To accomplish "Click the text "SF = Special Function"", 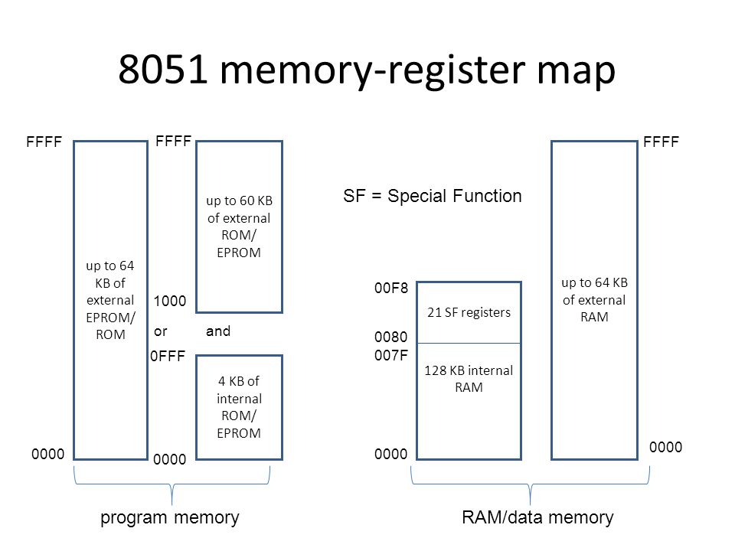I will [431, 197].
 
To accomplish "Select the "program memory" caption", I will [171, 518].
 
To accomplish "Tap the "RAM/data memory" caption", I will [538, 518].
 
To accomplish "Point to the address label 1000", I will [169, 302].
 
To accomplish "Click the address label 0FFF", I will [168, 357].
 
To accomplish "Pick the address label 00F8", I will [390, 289].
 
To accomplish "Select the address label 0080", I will [390, 337].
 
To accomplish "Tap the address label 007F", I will [390, 355].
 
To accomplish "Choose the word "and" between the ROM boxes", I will [218, 332].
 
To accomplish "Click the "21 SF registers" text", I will [469, 312].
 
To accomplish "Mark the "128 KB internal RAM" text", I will [469, 379].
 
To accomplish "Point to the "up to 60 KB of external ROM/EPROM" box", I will [240, 227].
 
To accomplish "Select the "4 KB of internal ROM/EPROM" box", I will [240, 406].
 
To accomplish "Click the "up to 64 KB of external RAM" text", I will [594, 300].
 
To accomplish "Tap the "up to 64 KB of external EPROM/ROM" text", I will [111, 300].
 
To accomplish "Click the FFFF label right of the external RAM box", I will [662, 142].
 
